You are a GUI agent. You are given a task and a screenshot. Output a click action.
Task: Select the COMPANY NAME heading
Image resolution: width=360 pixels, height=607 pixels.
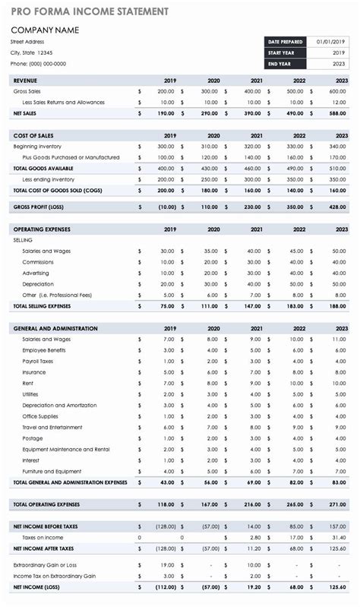(46, 30)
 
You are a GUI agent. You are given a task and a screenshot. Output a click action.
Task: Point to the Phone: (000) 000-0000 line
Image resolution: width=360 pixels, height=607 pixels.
(38, 64)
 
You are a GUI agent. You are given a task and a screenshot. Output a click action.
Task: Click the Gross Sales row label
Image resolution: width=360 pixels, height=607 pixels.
(27, 91)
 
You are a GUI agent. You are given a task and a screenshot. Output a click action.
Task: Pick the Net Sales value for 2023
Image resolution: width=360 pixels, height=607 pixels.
(338, 113)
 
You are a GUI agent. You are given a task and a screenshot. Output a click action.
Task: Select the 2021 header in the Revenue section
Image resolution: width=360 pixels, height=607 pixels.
(256, 81)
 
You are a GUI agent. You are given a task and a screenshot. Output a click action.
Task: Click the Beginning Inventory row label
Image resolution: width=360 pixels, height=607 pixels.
(37, 146)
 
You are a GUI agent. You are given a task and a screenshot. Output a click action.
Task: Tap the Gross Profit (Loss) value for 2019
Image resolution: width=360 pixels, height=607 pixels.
(166, 207)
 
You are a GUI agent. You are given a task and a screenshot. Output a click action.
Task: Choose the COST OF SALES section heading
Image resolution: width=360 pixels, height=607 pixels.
(33, 135)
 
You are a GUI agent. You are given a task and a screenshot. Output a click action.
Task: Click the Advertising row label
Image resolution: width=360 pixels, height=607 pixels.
(36, 273)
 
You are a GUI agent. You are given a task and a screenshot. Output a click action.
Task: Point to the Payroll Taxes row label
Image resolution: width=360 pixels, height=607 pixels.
(39, 361)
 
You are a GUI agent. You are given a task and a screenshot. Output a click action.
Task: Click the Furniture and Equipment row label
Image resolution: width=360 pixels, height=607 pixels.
(52, 471)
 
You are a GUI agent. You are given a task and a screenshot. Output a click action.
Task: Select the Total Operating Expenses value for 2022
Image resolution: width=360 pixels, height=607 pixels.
(295, 504)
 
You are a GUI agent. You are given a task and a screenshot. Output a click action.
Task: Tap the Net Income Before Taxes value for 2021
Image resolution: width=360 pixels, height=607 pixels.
(253, 526)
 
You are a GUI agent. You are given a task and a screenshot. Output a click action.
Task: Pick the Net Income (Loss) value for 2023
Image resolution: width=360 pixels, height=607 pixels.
(337, 587)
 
